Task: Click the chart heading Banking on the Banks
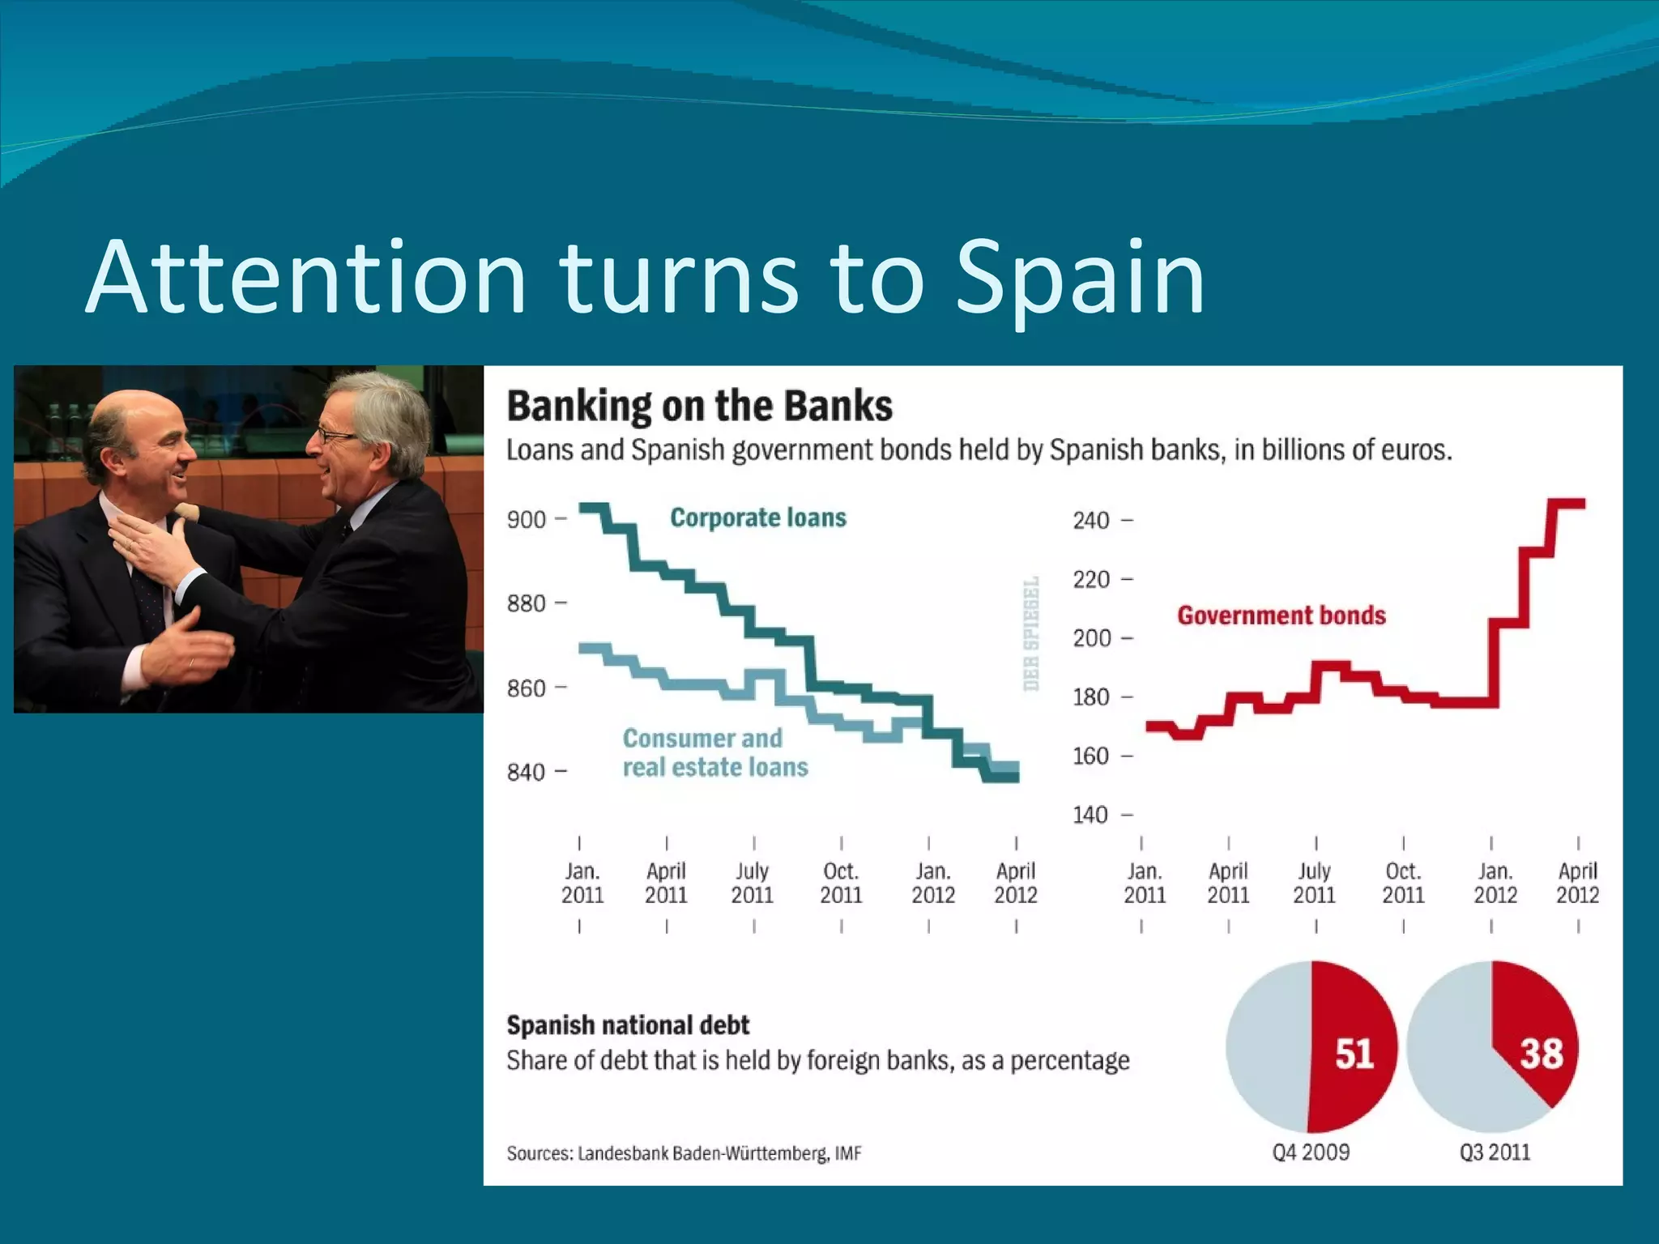click(699, 407)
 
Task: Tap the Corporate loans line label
click(758, 518)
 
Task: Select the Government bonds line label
click(1282, 616)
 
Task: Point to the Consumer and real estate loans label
click(714, 752)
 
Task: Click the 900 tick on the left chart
click(527, 519)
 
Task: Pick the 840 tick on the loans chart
click(527, 772)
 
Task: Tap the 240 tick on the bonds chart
click(1091, 520)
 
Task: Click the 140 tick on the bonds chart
click(1091, 815)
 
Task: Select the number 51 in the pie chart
click(1354, 1054)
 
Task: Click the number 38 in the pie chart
click(1541, 1054)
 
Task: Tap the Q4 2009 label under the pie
click(1311, 1152)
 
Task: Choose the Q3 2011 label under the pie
click(1495, 1152)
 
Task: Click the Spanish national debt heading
click(628, 1025)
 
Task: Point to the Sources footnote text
click(684, 1153)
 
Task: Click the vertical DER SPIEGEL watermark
click(1031, 633)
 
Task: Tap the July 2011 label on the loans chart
click(753, 883)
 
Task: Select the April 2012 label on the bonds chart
click(1577, 883)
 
